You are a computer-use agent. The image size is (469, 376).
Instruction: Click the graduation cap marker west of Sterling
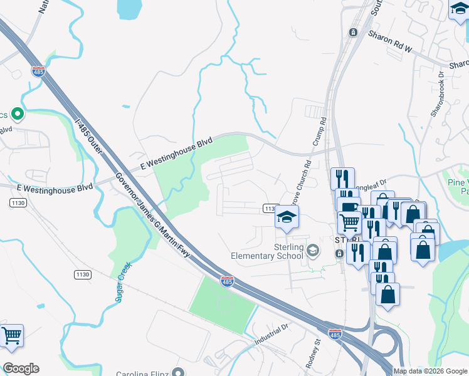(287, 217)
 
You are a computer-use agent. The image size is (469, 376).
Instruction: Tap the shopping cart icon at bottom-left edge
(11, 336)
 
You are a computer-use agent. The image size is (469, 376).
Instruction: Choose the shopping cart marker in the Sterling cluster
(349, 221)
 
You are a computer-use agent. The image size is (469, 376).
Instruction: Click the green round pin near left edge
(18, 115)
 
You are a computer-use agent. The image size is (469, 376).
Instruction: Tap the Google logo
(21, 368)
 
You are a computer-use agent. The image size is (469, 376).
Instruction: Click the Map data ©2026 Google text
(429, 371)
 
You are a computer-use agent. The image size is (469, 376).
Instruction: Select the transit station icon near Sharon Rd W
(353, 33)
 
